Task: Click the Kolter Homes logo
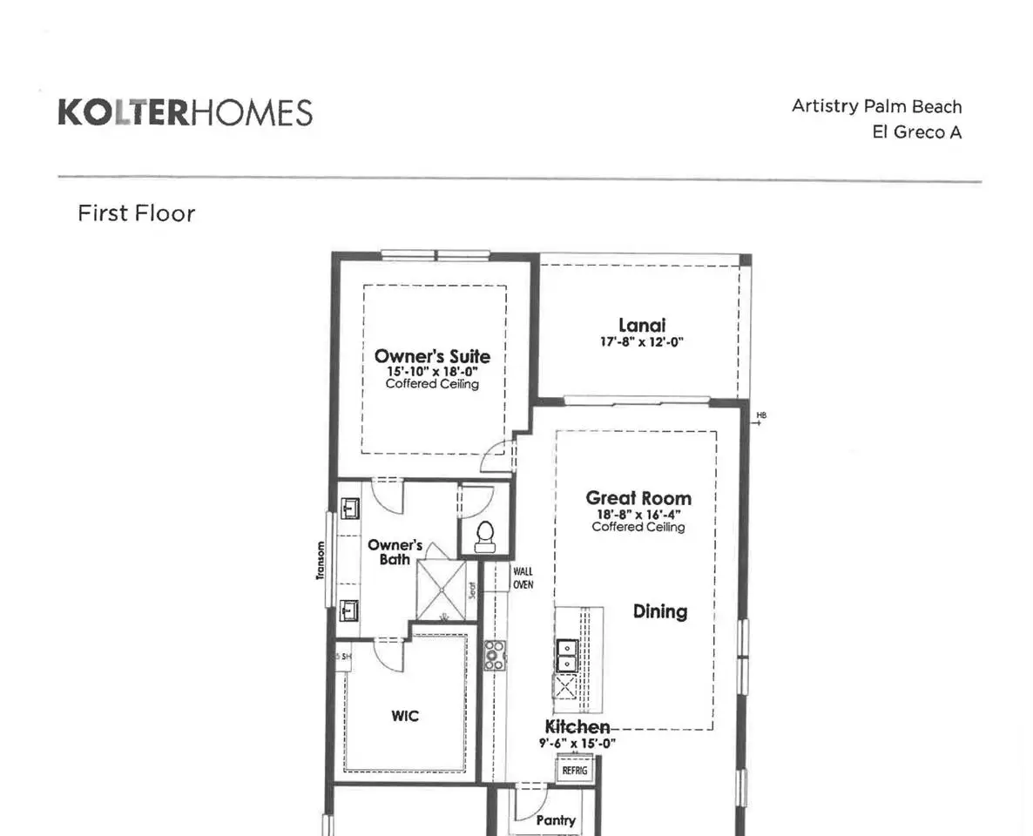[186, 112]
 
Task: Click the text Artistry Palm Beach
[876, 107]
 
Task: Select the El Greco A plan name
[916, 132]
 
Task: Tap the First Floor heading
[137, 213]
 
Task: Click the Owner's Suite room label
[432, 356]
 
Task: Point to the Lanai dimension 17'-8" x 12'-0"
[642, 342]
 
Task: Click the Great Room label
[638, 498]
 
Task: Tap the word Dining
[660, 611]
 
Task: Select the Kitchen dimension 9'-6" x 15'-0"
[577, 743]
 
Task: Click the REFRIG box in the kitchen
[575, 770]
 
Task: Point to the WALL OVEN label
[523, 577]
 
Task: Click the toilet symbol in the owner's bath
[485, 536]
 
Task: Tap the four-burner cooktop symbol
[495, 655]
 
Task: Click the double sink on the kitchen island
[567, 656]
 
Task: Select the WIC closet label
[404, 716]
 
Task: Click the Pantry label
[556, 820]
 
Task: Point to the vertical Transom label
[321, 561]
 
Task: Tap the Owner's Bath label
[395, 552]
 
